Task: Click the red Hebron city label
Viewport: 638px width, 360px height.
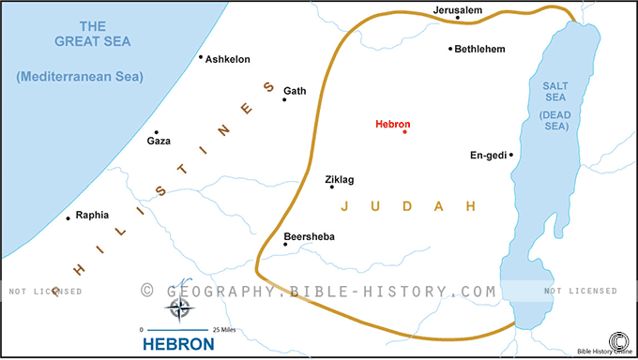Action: click(392, 123)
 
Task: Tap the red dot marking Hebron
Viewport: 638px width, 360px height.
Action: click(404, 132)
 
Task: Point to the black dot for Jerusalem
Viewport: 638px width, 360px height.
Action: click(458, 18)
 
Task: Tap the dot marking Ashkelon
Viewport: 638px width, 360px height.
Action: click(201, 57)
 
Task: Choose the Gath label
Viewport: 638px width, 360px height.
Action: click(295, 91)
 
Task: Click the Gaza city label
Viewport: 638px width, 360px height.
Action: click(159, 142)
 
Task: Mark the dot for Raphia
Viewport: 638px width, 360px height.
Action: click(68, 218)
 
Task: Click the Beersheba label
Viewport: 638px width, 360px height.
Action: click(309, 236)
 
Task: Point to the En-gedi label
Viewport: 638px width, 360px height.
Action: click(487, 156)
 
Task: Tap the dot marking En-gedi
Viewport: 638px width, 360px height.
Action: click(510, 155)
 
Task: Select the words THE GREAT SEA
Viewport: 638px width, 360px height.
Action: click(93, 33)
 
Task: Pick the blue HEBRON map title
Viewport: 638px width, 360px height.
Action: click(178, 344)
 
